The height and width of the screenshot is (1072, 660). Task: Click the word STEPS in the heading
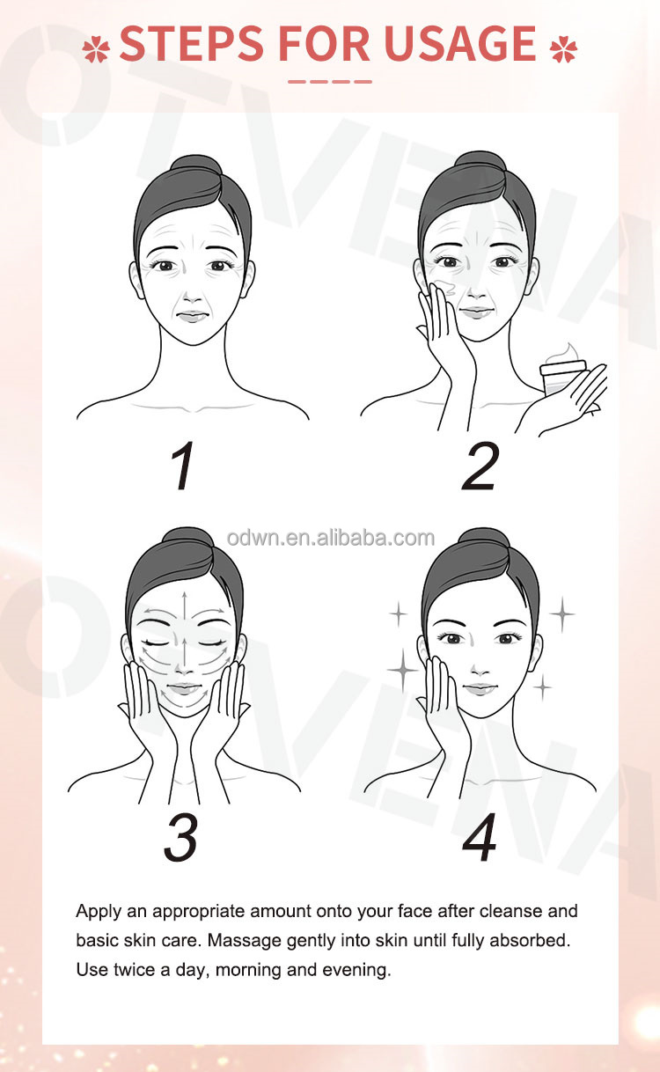pyautogui.click(x=192, y=43)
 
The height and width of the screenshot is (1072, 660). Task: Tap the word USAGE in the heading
pyautogui.click(x=460, y=43)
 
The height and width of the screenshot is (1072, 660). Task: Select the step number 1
pyautogui.click(x=183, y=466)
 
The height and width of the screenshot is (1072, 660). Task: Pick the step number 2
pyautogui.click(x=480, y=466)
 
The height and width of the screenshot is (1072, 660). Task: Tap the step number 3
pyautogui.click(x=180, y=838)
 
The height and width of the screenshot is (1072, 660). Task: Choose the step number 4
pyautogui.click(x=479, y=838)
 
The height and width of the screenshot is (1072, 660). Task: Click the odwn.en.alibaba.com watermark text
pyautogui.click(x=331, y=538)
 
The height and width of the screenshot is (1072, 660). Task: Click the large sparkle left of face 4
pyautogui.click(x=403, y=670)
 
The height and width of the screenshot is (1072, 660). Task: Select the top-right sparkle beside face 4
pyautogui.click(x=562, y=614)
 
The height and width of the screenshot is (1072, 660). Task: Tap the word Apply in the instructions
pyautogui.click(x=99, y=912)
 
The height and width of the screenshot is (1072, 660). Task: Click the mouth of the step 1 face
pyautogui.click(x=193, y=316)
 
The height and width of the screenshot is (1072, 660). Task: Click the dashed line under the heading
pyautogui.click(x=330, y=82)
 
